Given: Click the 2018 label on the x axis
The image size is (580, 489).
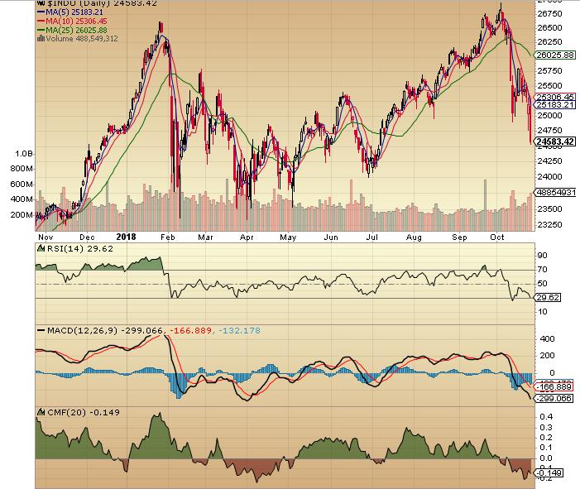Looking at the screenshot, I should click(126, 236).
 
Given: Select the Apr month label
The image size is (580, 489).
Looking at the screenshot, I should click(246, 236).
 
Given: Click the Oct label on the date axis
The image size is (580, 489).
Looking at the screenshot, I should click(497, 236).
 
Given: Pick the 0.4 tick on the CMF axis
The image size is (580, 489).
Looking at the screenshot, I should click(544, 417).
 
